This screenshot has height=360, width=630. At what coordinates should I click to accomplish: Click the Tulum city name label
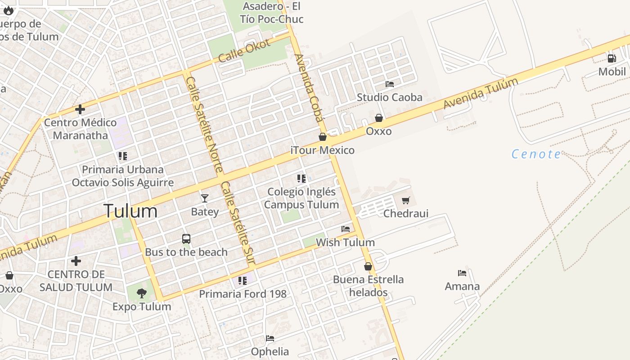130,211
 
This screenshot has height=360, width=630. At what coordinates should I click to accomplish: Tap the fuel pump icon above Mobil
612,58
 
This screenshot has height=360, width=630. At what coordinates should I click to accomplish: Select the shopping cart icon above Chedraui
406,200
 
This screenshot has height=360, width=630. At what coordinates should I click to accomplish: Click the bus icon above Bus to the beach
186,239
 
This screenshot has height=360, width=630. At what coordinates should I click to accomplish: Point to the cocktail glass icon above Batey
205,198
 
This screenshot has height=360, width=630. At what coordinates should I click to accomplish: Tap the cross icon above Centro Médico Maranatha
80,109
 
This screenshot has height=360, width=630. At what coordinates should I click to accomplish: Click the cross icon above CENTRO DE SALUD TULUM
76,261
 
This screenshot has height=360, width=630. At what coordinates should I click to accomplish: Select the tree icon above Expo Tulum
142,293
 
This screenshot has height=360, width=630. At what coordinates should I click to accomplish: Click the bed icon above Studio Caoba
390,84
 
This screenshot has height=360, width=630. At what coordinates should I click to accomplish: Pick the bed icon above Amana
462,273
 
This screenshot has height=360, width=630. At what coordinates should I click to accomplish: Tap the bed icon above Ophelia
270,338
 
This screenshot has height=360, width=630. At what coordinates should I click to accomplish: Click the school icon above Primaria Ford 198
243,281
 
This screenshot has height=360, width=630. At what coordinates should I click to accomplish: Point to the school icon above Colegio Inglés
301,179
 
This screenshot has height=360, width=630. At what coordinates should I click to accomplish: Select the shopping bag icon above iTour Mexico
323,137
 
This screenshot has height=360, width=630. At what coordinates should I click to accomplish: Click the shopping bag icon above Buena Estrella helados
368,266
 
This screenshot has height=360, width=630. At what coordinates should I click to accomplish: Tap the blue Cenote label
536,154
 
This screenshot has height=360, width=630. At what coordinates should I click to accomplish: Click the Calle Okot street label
244,51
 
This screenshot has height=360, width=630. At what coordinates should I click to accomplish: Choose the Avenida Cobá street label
309,88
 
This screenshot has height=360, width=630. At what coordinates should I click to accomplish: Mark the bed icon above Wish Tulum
346,229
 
